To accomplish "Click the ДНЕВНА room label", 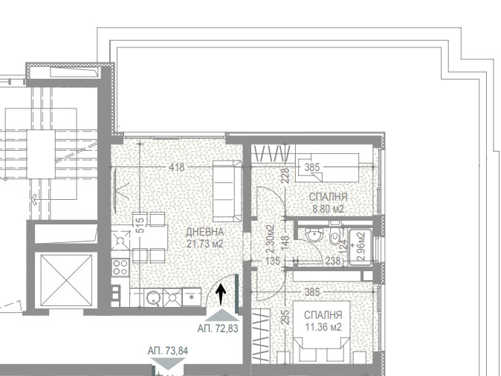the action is pos(205,232).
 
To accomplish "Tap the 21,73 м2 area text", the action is pos(205,244).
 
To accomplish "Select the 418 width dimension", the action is pos(177,167).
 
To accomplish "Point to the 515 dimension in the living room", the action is pos(140,225).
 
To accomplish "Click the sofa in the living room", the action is pos(227,191).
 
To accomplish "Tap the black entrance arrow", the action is pos(221,294).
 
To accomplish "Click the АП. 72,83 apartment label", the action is pos(218,328).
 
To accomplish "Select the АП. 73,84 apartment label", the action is pos(168,351).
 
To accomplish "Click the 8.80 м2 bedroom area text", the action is pos(328,210).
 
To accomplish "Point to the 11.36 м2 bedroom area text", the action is pos(323,327).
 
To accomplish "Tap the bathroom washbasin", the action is pos(314,236).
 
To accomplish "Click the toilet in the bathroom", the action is pos(334,238).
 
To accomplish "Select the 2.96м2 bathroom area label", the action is pos(361,246).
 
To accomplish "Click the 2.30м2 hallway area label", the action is pos(271,239).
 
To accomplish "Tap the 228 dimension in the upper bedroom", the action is pos(285,175).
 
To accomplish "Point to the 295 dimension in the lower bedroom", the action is pos(285,317).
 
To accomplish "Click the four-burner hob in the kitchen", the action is pos(120,267).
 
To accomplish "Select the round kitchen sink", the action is pos(153,298).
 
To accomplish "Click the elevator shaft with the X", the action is pos(66,280).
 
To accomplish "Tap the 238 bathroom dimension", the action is pos(332,261).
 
